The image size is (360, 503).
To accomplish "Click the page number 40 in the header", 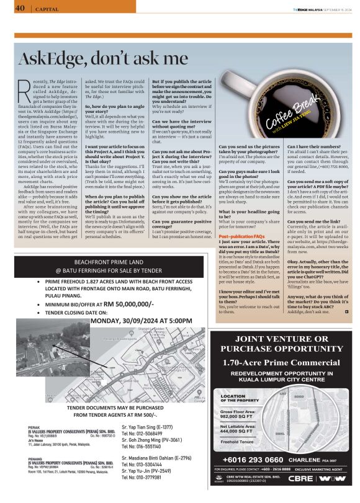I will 19,8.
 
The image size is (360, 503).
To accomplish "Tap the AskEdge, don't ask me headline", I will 103,60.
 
